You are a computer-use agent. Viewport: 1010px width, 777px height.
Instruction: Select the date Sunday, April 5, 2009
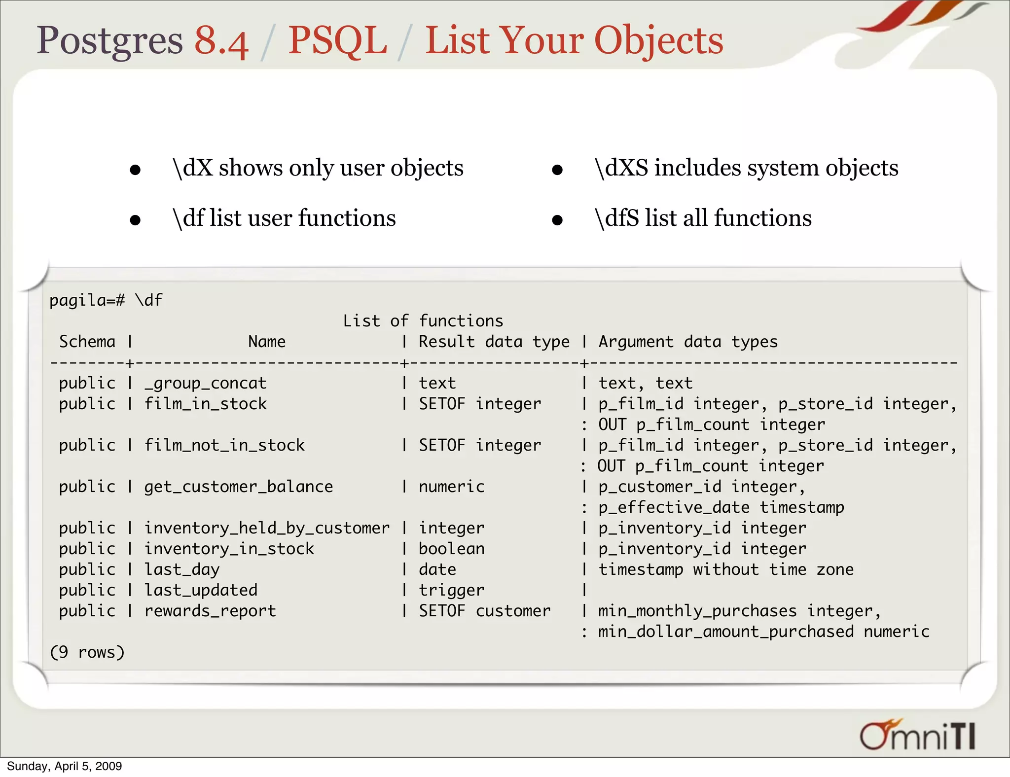(64, 766)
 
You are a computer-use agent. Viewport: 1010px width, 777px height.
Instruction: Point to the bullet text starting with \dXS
(746, 168)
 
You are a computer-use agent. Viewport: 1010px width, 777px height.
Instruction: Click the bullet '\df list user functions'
(284, 218)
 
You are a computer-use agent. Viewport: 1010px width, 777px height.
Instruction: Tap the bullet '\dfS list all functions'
(703, 218)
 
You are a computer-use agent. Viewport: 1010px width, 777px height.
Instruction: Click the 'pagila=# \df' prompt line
(106, 300)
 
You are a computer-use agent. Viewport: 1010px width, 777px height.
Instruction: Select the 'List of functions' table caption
(423, 321)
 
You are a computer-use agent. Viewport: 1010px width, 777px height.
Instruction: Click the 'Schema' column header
(87, 342)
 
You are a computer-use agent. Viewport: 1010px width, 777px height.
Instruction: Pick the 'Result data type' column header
(494, 342)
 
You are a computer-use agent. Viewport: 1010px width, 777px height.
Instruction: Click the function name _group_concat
(205, 383)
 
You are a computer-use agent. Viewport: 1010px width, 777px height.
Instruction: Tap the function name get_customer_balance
(238, 487)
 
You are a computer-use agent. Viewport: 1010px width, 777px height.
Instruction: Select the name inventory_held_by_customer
(267, 528)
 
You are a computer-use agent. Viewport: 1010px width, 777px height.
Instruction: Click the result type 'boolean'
(451, 549)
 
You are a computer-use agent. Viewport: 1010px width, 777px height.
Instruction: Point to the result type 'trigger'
(451, 590)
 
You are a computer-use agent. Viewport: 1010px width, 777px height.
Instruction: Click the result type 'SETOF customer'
(484, 611)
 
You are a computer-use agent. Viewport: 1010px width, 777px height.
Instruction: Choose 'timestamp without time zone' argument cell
(726, 569)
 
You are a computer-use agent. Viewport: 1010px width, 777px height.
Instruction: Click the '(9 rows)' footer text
(87, 652)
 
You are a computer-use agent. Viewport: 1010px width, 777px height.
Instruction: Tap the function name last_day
(181, 569)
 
